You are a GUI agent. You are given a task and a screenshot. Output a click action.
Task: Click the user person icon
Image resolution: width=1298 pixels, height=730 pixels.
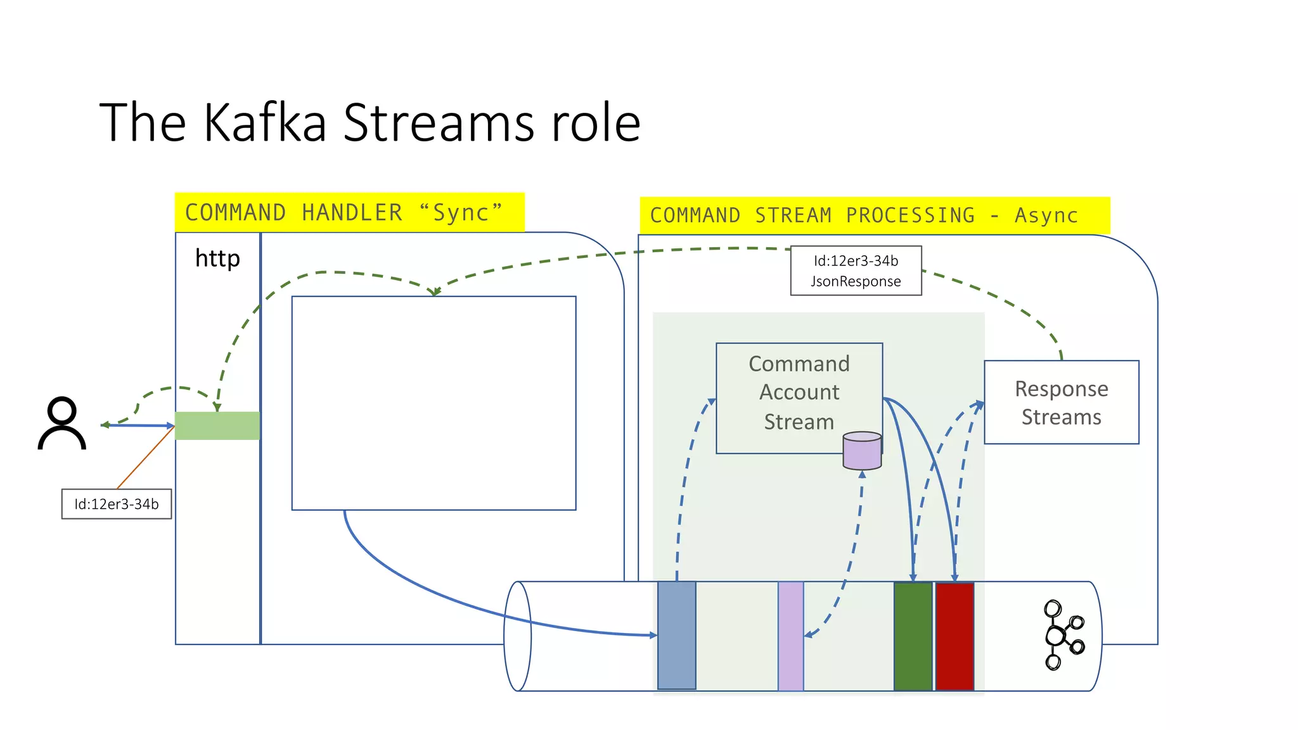(62, 423)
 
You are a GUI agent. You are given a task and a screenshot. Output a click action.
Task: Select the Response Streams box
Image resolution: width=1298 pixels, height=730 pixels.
(1061, 402)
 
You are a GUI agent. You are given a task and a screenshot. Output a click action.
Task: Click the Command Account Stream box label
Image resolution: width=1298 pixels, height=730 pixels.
(799, 392)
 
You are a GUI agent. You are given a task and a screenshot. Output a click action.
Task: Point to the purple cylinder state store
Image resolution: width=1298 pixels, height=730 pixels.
(862, 451)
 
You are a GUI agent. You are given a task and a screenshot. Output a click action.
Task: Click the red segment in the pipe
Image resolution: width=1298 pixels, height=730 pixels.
(954, 636)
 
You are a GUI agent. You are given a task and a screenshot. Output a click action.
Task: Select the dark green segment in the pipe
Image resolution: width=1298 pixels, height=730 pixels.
(913, 636)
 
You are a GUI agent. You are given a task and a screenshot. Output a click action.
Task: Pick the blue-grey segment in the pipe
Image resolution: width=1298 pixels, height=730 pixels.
(676, 635)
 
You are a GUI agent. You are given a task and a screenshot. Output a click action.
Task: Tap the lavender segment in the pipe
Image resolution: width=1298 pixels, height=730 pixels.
(790, 636)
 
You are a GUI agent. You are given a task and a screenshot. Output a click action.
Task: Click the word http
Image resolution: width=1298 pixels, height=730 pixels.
(217, 259)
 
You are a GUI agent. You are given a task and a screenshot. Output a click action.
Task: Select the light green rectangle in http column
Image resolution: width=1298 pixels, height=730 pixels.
(217, 426)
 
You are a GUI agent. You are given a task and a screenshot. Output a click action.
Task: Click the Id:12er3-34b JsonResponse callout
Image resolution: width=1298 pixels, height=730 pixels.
(856, 271)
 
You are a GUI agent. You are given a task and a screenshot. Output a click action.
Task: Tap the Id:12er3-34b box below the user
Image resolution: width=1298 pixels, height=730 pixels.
(117, 504)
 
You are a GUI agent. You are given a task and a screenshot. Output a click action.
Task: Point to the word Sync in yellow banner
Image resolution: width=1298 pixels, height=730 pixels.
(461, 213)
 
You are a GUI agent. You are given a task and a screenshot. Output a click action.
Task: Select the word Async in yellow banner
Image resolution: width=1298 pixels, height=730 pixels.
(1046, 215)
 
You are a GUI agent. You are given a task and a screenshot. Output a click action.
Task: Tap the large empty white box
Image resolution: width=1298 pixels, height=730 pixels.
(434, 403)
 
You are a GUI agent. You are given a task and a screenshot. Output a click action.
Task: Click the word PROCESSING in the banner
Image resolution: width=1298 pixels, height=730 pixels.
(910, 215)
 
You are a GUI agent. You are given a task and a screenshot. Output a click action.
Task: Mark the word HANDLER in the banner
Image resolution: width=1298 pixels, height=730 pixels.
(352, 213)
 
